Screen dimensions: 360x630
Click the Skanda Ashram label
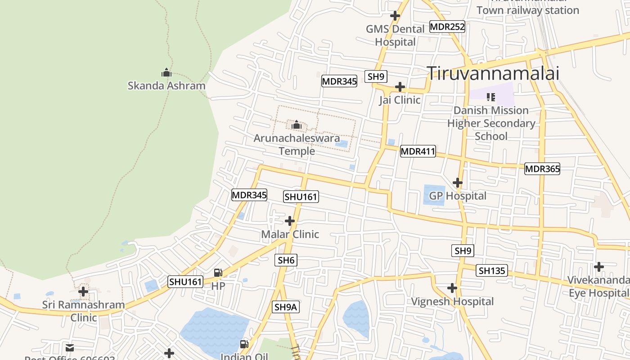[166, 85]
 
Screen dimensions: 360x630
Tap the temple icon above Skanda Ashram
[166, 72]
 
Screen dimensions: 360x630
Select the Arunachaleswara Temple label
[297, 144]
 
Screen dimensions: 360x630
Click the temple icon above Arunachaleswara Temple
[297, 125]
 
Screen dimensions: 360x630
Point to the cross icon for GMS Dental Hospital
[395, 16]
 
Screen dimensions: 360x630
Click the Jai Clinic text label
[400, 100]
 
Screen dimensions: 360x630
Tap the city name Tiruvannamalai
[493, 73]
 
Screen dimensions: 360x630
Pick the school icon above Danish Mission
[491, 97]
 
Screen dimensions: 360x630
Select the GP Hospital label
[458, 196]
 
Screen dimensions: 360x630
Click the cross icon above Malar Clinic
[290, 221]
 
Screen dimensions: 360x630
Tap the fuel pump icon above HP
[218, 272]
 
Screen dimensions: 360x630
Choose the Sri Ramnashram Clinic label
[84, 311]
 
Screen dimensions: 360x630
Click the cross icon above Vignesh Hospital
[452, 288]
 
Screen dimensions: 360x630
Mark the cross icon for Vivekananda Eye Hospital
[598, 267]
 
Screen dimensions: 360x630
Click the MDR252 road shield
[447, 27]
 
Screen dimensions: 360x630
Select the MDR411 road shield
[418, 152]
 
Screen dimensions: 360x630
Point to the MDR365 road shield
[542, 169]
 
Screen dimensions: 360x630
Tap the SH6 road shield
[286, 260]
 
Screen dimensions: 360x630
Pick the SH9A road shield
[286, 307]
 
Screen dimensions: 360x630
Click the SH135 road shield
[493, 270]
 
